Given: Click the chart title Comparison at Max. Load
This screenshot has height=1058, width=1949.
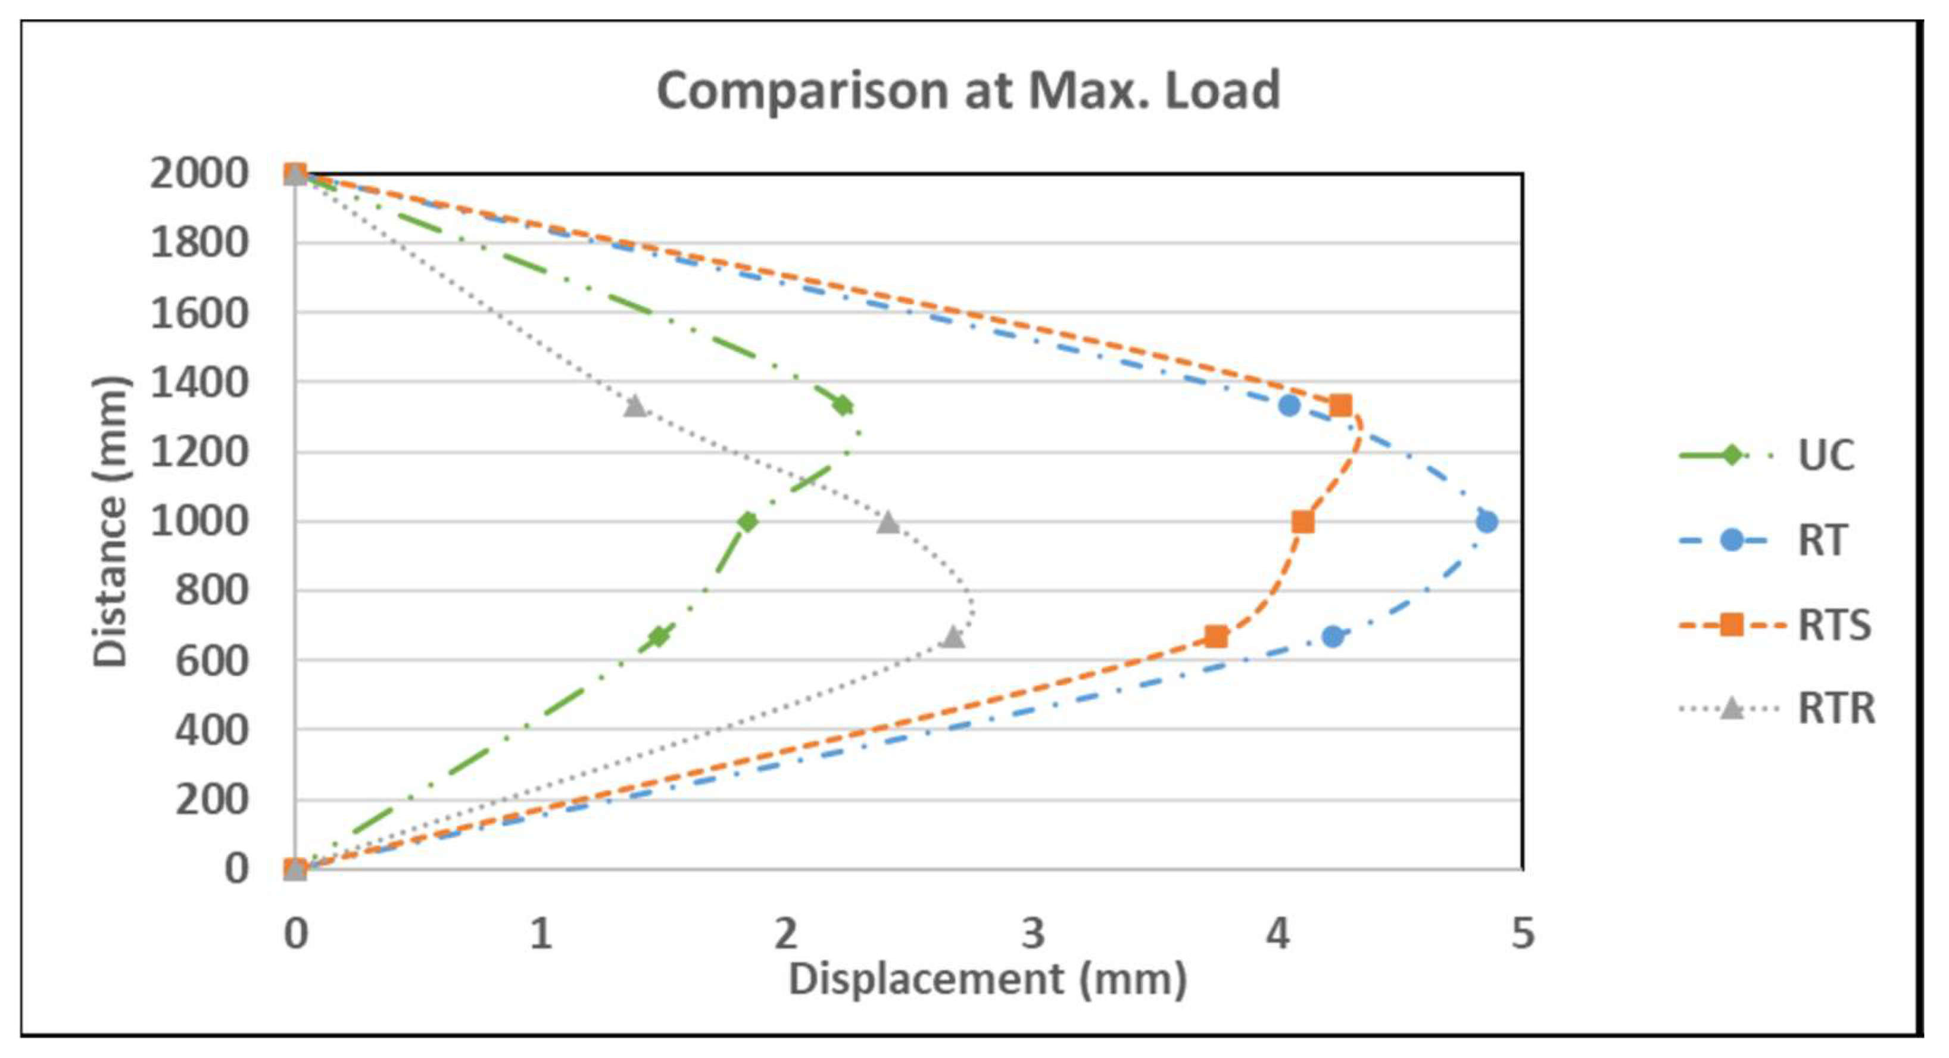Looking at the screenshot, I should point(968,90).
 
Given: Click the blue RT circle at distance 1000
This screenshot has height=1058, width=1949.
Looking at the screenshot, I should point(1486,521).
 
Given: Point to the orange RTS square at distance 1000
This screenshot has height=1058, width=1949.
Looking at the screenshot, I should point(1302,521).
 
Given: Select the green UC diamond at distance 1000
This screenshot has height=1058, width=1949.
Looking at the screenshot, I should point(747,521).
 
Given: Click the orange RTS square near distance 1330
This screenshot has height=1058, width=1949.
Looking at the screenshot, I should point(1340,406).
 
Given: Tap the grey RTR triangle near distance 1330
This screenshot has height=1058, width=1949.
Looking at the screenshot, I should point(635,406).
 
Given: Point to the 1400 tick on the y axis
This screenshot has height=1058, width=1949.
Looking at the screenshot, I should point(199,383).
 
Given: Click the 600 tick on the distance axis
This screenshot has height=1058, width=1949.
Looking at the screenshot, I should point(211,661).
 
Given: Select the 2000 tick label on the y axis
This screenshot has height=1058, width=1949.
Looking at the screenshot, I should point(199,174).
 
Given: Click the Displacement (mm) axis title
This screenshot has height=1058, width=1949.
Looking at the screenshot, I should point(987,979).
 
